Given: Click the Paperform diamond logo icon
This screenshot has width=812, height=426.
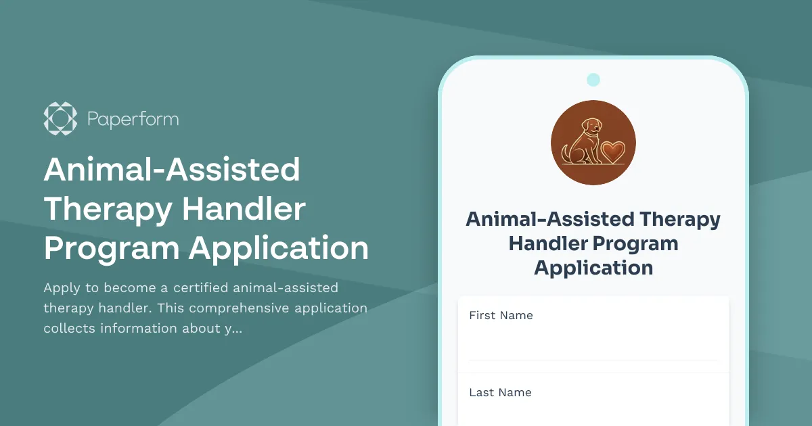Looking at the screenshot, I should [x=60, y=119].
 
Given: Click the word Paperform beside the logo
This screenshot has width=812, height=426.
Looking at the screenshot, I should [x=133, y=120].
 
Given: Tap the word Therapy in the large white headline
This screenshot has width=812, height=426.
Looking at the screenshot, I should [x=107, y=210].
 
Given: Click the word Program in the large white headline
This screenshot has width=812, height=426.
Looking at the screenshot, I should [x=111, y=249].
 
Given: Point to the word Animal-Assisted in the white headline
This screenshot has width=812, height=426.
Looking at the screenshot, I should [x=172, y=170].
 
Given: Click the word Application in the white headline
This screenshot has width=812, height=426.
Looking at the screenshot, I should [x=279, y=249].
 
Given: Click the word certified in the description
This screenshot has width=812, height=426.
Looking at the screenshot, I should [x=200, y=288].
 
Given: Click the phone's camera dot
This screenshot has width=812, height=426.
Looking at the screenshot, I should [x=593, y=80].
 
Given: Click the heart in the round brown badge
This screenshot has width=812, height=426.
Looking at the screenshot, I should [x=614, y=149].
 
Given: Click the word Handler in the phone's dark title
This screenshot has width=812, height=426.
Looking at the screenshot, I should [x=548, y=243].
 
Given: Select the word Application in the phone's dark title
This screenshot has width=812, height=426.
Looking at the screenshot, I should [x=593, y=268].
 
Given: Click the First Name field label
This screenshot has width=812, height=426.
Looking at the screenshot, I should [x=501, y=315].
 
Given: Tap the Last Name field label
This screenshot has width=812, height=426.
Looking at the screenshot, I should [x=500, y=392].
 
